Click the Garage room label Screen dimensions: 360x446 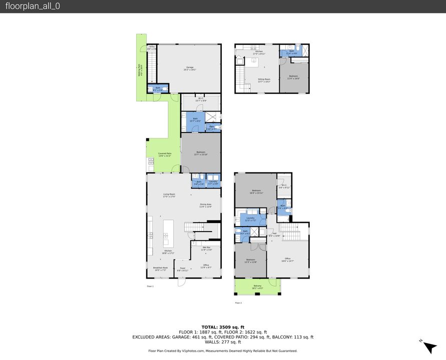pos(190,68)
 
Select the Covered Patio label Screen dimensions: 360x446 pos(165,154)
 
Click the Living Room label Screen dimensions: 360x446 pos(169,195)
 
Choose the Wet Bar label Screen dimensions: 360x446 pos(206,248)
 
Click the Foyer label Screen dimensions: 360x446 pos(183,269)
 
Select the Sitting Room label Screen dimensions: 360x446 pos(264,80)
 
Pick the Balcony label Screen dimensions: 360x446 pos(257,286)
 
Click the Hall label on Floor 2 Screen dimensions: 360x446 pos(274,234)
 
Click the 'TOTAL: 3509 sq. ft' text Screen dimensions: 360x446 pos(223,326)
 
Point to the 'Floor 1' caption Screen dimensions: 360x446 pos(150,286)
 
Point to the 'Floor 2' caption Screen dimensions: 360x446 pos(238,303)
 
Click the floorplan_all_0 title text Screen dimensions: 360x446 pos(33,6)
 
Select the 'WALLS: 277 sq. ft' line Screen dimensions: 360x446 pos(223,342)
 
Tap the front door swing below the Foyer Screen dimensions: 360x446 pos(181,281)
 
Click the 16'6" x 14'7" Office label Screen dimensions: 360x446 pos(287,260)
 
